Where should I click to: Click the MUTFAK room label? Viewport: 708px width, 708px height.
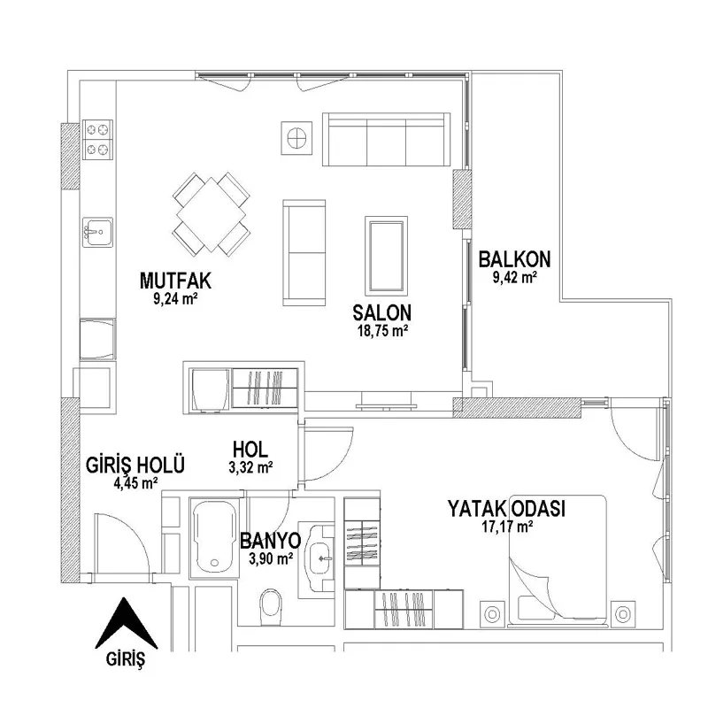coord(175,281)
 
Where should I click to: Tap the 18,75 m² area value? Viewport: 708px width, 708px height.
coord(383,331)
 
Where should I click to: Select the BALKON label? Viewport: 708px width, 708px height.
coord(515,259)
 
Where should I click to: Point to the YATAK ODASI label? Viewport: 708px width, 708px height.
coord(506,508)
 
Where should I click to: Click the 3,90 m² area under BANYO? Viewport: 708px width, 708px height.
coord(271,559)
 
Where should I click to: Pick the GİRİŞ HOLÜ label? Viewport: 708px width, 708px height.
coord(135,465)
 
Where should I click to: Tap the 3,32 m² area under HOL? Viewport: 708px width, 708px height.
coord(250,468)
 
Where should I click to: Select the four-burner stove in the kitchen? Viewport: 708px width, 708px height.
coord(97,139)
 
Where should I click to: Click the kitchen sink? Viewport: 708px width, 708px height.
coord(97,232)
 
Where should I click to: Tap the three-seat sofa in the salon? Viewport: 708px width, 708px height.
coord(386,140)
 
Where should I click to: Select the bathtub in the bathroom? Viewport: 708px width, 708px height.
coord(214,537)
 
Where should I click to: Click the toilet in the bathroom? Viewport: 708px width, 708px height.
coord(270,606)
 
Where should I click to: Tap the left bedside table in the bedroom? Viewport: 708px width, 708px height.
coord(492,614)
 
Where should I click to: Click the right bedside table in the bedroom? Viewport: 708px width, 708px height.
coord(623,614)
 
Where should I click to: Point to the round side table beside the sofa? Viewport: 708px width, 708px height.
coord(296,138)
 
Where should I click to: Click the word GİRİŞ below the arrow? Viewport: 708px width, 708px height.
coord(126,659)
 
